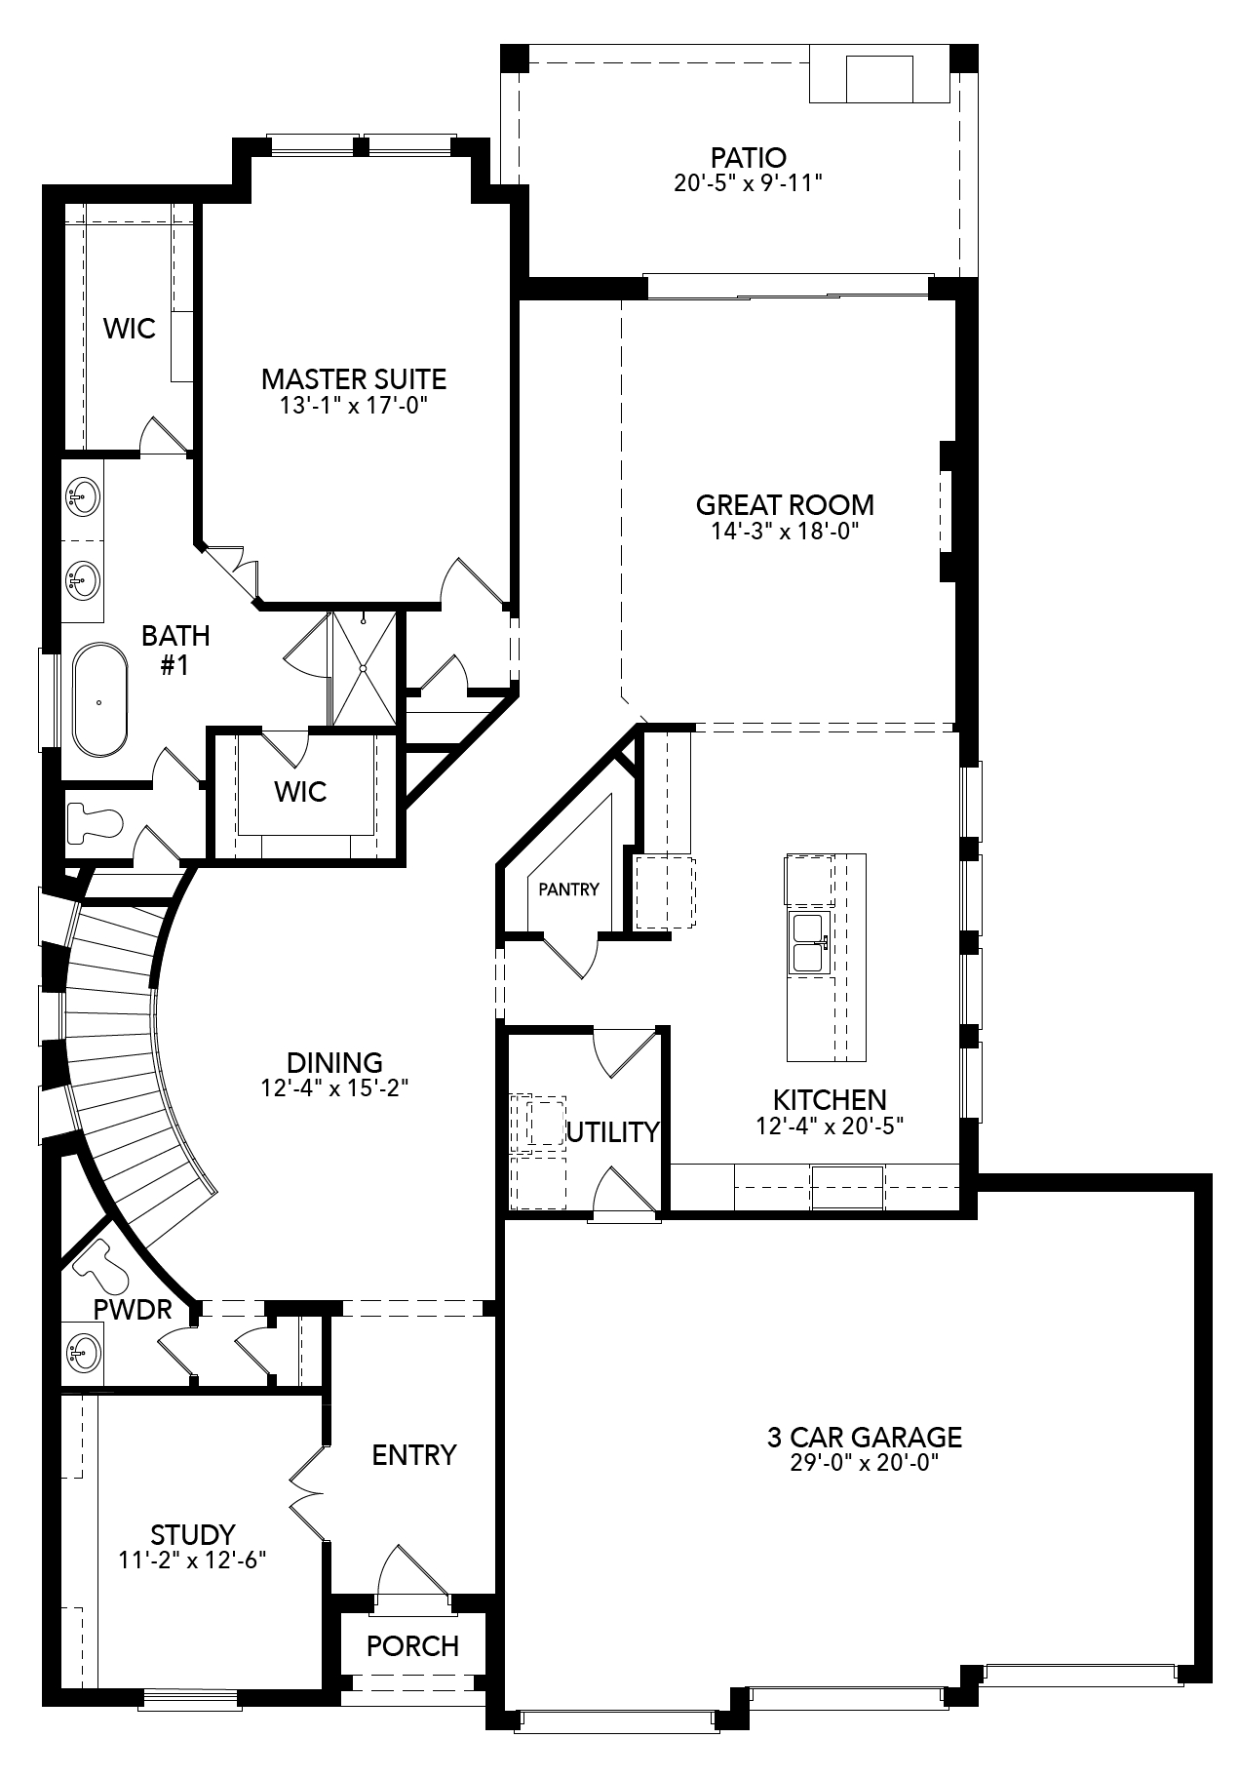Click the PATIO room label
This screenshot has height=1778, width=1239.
point(748,157)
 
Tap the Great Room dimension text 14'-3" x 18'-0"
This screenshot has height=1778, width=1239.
point(784,532)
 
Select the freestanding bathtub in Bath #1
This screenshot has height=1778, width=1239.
point(99,699)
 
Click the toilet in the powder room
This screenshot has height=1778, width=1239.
point(102,1266)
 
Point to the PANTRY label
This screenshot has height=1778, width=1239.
point(568,889)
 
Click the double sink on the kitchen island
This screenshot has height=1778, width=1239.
point(807,943)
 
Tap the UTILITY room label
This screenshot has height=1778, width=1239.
point(613,1132)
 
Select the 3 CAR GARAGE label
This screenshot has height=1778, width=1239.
point(864,1437)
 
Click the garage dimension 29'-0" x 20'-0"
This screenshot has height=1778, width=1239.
point(864,1463)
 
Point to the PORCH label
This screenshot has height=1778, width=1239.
point(412,1646)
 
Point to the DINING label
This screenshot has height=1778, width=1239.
point(334,1062)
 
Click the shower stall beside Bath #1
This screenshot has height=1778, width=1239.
point(364,668)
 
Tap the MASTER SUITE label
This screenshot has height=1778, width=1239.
point(354,378)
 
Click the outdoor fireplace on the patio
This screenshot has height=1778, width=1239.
point(878,79)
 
